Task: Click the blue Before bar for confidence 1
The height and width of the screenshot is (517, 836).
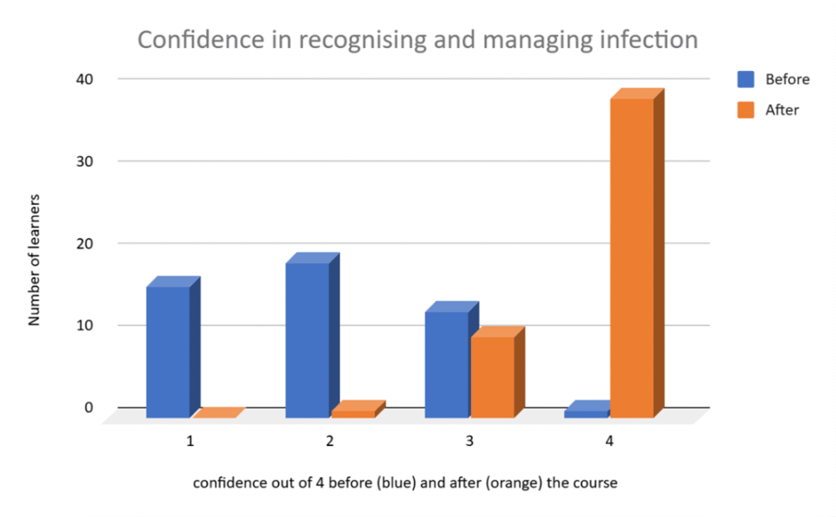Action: (x=167, y=351)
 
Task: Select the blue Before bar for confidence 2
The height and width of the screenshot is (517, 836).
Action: (x=307, y=339)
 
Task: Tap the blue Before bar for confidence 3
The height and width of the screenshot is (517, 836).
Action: (x=447, y=363)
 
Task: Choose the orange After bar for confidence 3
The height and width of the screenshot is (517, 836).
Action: (x=491, y=376)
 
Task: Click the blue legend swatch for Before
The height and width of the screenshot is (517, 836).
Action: (x=746, y=79)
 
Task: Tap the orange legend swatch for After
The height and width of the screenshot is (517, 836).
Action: (x=746, y=109)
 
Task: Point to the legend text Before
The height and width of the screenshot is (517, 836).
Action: (x=787, y=79)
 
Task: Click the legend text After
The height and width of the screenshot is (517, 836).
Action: (x=782, y=109)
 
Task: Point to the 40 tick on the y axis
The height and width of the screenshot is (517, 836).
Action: (x=87, y=79)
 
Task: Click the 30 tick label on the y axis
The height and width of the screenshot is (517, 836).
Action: (x=87, y=161)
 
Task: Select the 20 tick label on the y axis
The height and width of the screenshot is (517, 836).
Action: (x=87, y=243)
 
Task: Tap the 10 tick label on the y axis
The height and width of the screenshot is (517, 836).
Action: (x=87, y=325)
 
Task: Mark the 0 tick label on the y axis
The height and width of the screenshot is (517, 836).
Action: (x=90, y=407)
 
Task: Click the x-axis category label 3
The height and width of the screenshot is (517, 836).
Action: (x=469, y=441)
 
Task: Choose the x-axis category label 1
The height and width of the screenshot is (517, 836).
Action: (x=189, y=441)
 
